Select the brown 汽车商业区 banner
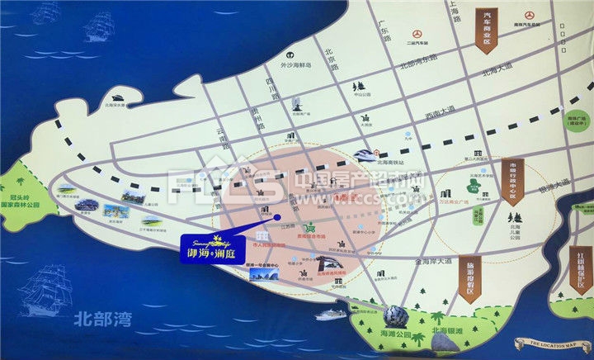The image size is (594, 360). click(x=488, y=28)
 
